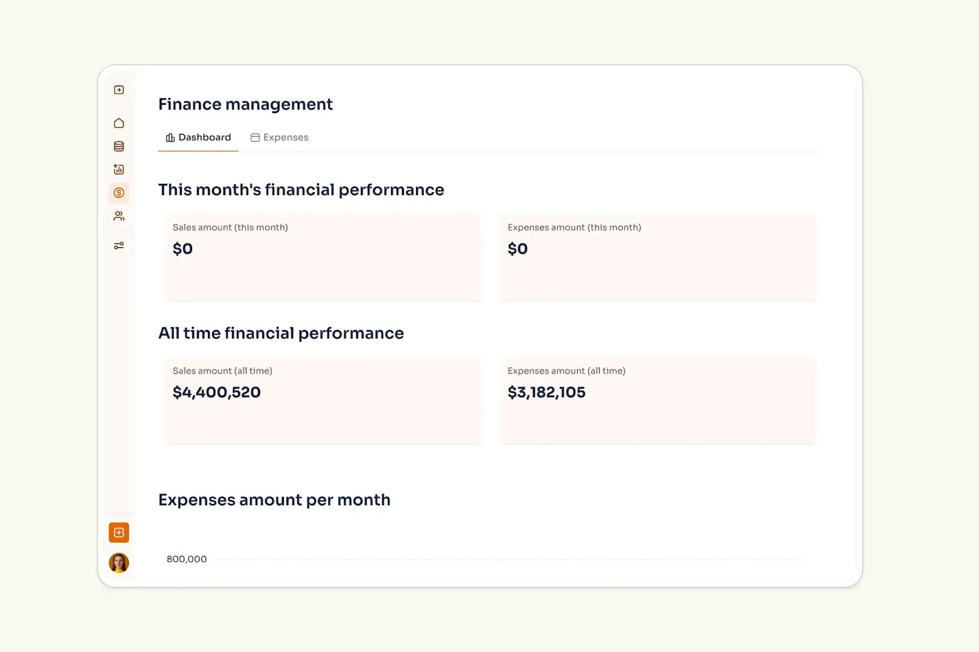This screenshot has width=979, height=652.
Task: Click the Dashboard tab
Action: (x=198, y=138)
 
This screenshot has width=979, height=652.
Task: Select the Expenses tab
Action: (x=280, y=138)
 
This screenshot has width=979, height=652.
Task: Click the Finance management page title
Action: (x=245, y=105)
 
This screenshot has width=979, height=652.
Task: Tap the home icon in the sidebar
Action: (x=119, y=124)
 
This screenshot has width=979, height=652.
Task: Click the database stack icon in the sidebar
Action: (x=119, y=147)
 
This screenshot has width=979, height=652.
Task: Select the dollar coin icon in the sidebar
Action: (x=119, y=193)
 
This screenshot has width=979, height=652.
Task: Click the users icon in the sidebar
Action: (x=119, y=216)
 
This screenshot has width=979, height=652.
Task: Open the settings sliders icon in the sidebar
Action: (x=119, y=246)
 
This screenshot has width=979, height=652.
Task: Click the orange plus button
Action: (x=119, y=533)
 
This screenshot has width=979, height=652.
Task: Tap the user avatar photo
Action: (x=119, y=563)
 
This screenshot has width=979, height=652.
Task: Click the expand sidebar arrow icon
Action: (x=119, y=90)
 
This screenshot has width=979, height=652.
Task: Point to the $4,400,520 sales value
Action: (x=217, y=392)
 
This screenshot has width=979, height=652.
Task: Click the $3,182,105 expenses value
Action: (x=546, y=392)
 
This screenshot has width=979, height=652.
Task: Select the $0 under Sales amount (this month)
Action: (x=182, y=249)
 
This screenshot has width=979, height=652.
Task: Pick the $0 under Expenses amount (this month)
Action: (x=518, y=249)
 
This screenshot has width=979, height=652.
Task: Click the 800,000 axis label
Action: (x=187, y=559)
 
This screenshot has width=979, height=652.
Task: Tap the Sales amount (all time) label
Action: (x=222, y=371)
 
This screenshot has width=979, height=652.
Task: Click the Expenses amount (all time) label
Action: (x=566, y=371)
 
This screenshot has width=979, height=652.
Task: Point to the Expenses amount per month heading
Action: (x=274, y=500)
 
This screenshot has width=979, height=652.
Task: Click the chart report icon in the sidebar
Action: (x=119, y=169)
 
